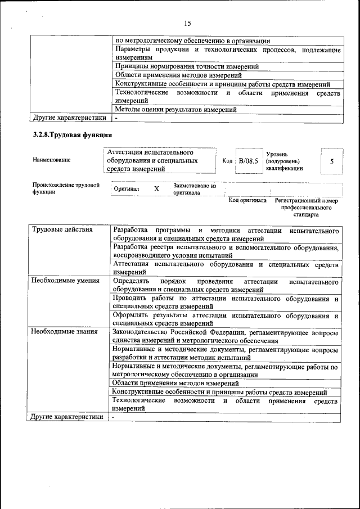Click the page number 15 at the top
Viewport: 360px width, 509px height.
(187, 23)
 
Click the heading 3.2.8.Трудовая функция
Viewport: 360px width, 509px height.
(73, 135)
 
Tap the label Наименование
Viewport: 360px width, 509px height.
(52, 160)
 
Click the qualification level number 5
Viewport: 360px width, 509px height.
(332, 161)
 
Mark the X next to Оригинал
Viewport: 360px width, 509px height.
(156, 189)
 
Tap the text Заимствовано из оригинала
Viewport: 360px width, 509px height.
(195, 188)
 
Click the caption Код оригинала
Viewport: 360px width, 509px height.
(247, 200)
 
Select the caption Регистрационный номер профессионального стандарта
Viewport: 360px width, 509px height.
(305, 207)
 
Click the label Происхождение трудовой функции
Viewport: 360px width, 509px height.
(66, 188)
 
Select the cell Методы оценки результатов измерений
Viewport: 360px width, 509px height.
(175, 110)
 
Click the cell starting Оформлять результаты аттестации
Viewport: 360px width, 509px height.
(225, 319)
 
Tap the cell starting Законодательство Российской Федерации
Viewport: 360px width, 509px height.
(225, 336)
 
